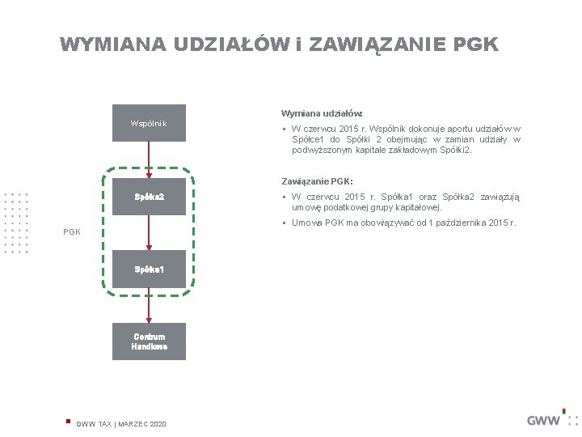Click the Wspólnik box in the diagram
pos(149,123)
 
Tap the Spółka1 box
pos(149,269)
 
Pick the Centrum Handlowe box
pos(149,342)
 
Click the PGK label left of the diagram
pos(73,232)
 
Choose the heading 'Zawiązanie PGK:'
pos(317,180)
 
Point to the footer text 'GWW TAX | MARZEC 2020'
pos(121,424)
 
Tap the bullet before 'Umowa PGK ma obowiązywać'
pos(285,223)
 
